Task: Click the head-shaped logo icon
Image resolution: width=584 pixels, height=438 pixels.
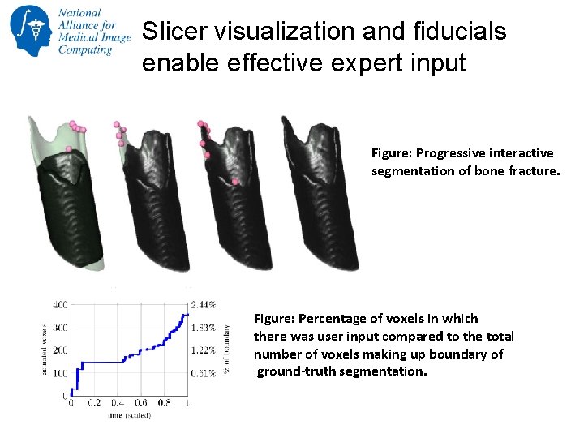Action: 29,30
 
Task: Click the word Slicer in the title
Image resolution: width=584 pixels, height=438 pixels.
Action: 166,32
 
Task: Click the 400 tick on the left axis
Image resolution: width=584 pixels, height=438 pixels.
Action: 60,305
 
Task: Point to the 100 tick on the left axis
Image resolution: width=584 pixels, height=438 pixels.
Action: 60,373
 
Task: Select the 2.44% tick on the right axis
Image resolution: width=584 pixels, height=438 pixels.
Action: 204,305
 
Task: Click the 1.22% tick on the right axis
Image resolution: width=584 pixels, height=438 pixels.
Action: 204,350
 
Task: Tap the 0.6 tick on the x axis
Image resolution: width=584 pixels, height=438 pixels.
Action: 140,403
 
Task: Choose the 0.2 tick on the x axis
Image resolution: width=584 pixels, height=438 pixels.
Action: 94,403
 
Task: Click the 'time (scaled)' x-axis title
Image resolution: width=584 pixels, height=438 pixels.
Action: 127,416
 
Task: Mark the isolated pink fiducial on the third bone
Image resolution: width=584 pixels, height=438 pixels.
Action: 235,182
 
